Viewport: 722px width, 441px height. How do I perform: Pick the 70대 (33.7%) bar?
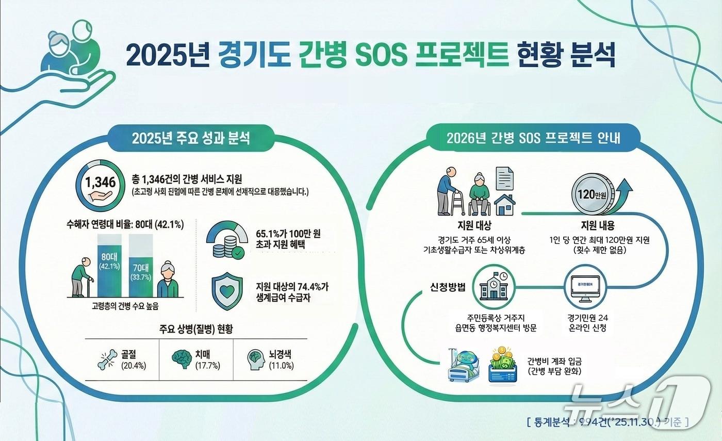tap(141, 270)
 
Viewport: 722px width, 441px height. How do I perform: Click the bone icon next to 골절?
tap(107, 360)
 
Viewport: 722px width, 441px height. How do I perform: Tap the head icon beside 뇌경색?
tap(256, 360)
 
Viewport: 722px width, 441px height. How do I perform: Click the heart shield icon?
tap(227, 293)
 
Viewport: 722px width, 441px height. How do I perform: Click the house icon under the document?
tap(504, 205)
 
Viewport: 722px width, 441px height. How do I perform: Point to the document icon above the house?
tap(504, 179)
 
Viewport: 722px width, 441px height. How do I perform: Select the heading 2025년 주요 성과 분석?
tap(191, 139)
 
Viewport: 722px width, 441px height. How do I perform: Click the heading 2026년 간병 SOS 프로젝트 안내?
tap(533, 139)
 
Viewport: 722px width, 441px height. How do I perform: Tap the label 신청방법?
tap(447, 287)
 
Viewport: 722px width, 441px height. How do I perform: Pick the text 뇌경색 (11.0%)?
tap(281, 360)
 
